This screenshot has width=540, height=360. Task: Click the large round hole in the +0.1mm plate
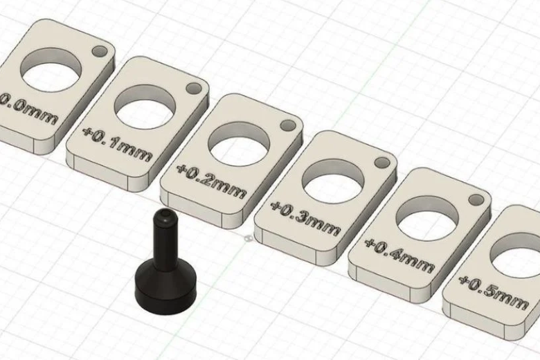click(x=143, y=102)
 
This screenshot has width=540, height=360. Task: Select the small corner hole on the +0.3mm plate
click(x=381, y=163)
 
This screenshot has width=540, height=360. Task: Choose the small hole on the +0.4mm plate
click(x=476, y=200)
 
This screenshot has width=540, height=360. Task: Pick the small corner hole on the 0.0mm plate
click(x=100, y=52)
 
